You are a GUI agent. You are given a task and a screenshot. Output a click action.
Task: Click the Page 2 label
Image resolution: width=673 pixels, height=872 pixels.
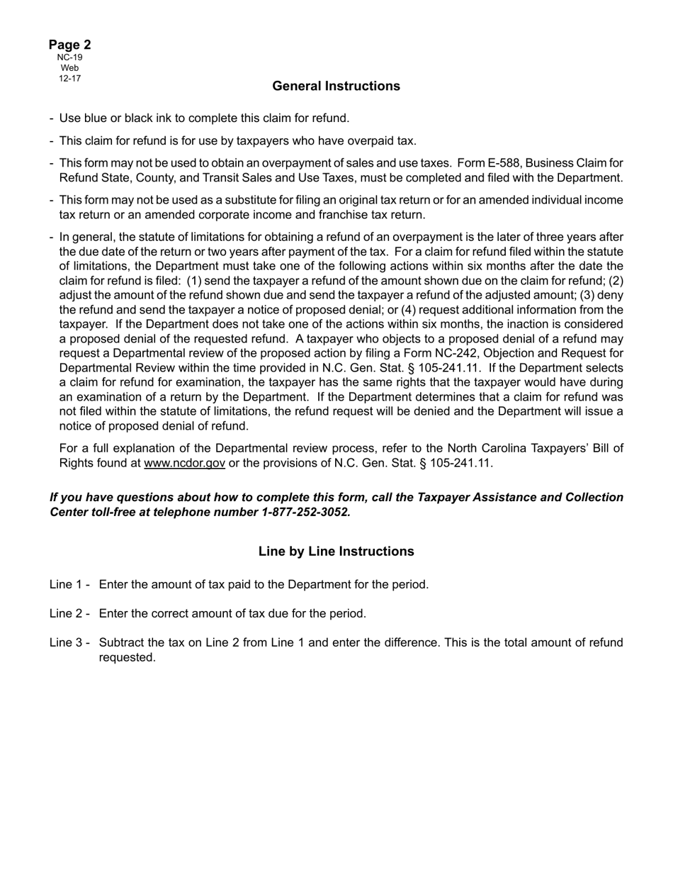[x=69, y=45]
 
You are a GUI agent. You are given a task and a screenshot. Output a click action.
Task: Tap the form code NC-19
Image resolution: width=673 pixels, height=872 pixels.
[x=69, y=57]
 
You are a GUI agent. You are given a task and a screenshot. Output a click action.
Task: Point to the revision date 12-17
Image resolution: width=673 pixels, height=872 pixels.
[x=69, y=78]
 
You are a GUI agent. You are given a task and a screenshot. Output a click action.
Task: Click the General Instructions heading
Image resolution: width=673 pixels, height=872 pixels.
[x=336, y=86]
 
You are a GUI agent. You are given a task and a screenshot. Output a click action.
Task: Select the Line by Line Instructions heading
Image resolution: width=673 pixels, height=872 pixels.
[x=336, y=552]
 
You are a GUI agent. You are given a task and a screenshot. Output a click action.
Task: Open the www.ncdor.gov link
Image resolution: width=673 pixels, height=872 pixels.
[x=184, y=464]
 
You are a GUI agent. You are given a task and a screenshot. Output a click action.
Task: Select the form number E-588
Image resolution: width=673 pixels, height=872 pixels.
[x=506, y=163]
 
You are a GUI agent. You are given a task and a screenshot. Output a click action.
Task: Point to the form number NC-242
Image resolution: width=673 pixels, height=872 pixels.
[x=475, y=353]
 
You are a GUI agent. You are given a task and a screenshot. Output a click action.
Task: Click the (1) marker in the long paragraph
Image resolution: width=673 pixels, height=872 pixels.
[x=194, y=281]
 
